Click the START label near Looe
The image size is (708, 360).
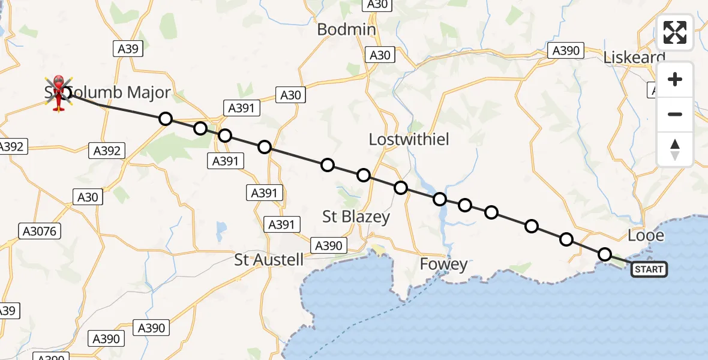pos(649,269)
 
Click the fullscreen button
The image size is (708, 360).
pos(675,32)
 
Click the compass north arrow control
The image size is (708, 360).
pos(675,149)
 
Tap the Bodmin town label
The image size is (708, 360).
pos(346,29)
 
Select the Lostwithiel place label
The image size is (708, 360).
pos(409,139)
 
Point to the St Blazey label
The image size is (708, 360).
pos(356,217)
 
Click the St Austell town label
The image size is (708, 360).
pos(269,260)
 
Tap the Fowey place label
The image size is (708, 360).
pos(443,264)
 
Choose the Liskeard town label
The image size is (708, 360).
pos(634,58)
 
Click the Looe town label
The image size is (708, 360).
pos(646,235)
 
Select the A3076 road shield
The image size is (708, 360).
pos(41,231)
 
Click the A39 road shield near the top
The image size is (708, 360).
pos(128,49)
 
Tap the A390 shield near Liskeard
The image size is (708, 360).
pos(566,51)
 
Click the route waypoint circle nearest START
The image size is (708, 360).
pos(605,254)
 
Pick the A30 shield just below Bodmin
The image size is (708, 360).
pos(380,55)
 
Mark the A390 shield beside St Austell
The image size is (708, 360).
pos(328,245)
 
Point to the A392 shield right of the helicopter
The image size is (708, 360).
pos(107,151)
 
